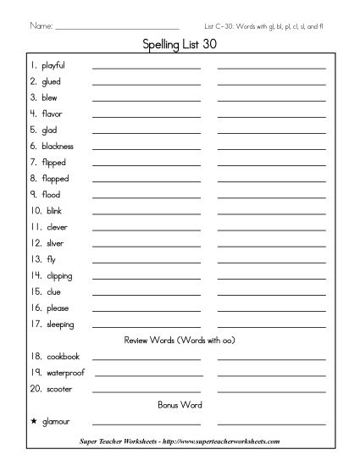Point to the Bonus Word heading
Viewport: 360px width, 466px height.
pyautogui.click(x=179, y=405)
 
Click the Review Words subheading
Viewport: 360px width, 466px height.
pyautogui.click(x=179, y=341)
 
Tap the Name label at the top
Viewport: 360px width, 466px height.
pyautogui.click(x=41, y=26)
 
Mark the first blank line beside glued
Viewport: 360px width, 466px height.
pyautogui.click(x=147, y=84)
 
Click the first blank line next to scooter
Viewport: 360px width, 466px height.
pyautogui.click(x=147, y=391)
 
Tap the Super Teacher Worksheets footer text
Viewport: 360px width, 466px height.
pyautogui.click(x=179, y=442)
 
